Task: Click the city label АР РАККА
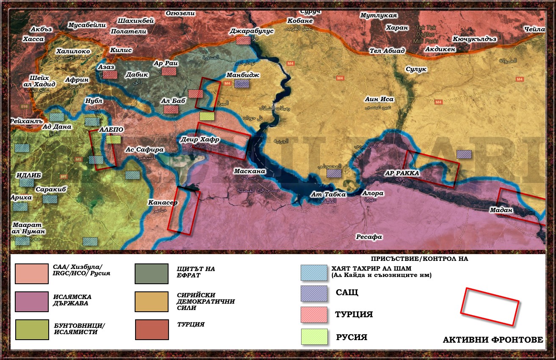click(401, 173)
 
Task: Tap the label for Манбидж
click(243, 75)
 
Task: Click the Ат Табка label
click(328, 194)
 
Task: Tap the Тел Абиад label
click(387, 51)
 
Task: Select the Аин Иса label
click(379, 100)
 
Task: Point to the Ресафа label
click(369, 237)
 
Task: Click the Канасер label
click(163, 202)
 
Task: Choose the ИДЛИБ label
click(29, 175)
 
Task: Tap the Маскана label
click(250, 172)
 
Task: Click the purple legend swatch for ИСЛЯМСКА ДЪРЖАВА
click(32, 302)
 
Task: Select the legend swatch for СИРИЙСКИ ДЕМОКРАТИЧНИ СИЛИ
click(152, 302)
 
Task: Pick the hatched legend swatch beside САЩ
click(314, 294)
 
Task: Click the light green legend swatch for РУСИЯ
click(314, 337)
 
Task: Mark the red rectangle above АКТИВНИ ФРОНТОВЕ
click(489, 307)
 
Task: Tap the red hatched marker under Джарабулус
click(243, 41)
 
